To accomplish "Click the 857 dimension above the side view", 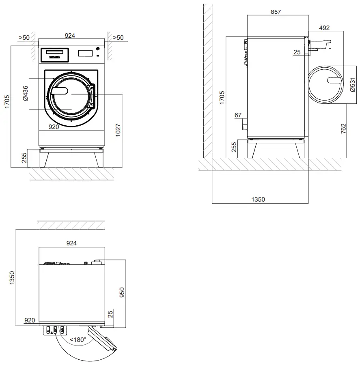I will coord(276,12).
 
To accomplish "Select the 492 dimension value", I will coord(324,28).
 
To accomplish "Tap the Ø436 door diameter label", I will coord(25,93).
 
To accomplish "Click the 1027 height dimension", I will coord(118,130).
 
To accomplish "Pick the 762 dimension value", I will coord(343,129).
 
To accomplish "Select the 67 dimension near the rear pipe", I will coord(238,116).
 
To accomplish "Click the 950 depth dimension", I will coord(122,292).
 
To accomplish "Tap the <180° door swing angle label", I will coord(78,339).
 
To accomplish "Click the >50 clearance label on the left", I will coord(24,38).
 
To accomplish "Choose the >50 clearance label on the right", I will coord(118,38).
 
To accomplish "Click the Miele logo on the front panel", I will coord(54,58).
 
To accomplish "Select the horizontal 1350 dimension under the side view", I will coord(258,199).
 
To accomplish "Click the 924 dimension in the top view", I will coord(71,243).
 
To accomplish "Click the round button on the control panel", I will coord(97,49).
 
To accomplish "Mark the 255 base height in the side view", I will coord(233,147).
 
